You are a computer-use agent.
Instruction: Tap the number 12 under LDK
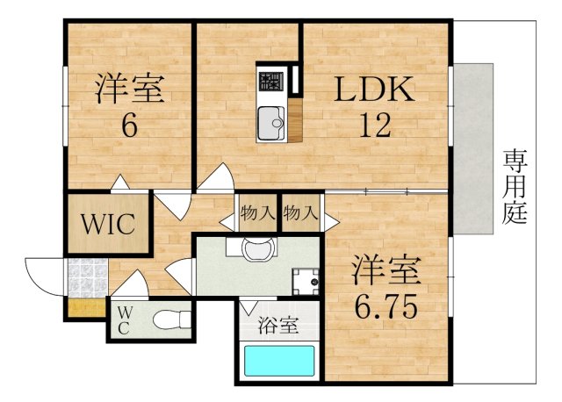tap(374, 126)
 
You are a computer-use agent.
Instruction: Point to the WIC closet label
tap(108, 223)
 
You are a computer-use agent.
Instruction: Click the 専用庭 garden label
tap(515, 186)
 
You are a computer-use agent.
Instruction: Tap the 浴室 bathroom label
tap(277, 326)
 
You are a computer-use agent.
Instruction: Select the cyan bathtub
tap(278, 361)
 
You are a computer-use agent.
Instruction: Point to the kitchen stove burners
tap(270, 81)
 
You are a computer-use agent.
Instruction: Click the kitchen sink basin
tap(270, 124)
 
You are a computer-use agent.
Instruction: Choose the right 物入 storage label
tap(301, 213)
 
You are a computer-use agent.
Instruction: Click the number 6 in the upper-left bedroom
tap(128, 126)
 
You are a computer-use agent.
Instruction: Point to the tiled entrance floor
tap(87, 279)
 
